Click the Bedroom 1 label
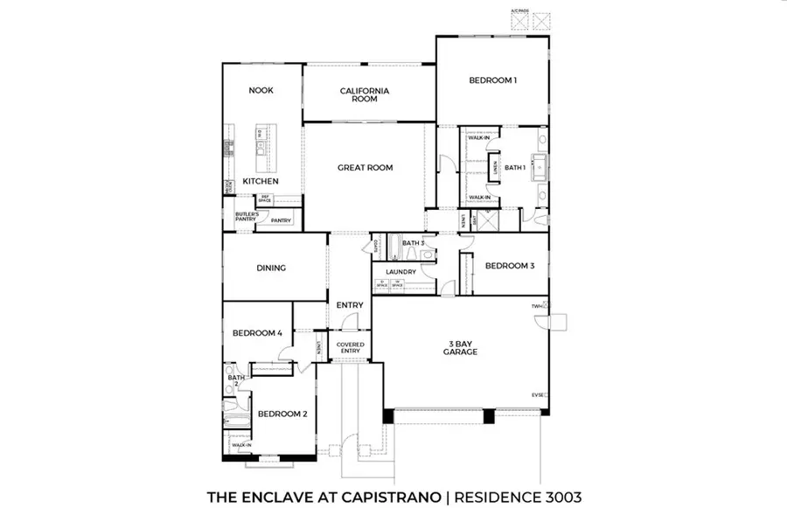[493, 80]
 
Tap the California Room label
[365, 94]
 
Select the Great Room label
[366, 167]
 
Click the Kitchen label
[261, 181]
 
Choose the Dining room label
[272, 268]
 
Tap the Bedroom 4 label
[256, 333]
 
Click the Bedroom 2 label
[282, 414]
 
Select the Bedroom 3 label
[509, 266]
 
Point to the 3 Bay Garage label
[459, 347]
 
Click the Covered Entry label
[350, 348]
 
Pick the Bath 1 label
[514, 167]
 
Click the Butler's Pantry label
[246, 216]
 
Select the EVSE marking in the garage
[538, 396]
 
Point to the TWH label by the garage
[537, 306]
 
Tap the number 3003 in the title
[557, 497]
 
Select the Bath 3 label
[412, 243]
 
